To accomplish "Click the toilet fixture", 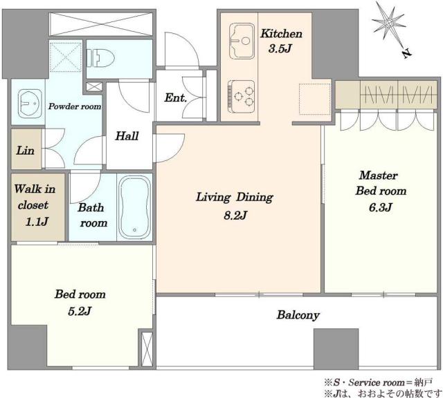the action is click(x=100, y=59).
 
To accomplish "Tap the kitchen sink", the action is click(x=242, y=41).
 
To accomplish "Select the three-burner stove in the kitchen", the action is click(x=242, y=96).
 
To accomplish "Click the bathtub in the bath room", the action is click(x=134, y=207).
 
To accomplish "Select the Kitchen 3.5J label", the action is click(x=281, y=41).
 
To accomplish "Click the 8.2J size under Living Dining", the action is click(x=235, y=216).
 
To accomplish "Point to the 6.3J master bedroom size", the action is click(x=381, y=207).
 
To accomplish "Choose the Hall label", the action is click(x=127, y=136).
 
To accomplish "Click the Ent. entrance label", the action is click(x=175, y=98).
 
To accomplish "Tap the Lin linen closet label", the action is click(x=25, y=151).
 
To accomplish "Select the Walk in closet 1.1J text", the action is click(x=35, y=205).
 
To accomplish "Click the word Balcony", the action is click(x=298, y=315).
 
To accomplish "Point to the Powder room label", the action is click(x=75, y=106).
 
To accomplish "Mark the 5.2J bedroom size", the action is click(x=80, y=312).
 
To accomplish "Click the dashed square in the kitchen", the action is click(x=314, y=99).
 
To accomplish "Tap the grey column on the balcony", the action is click(x=336, y=349).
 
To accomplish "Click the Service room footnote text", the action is click(x=379, y=383).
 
